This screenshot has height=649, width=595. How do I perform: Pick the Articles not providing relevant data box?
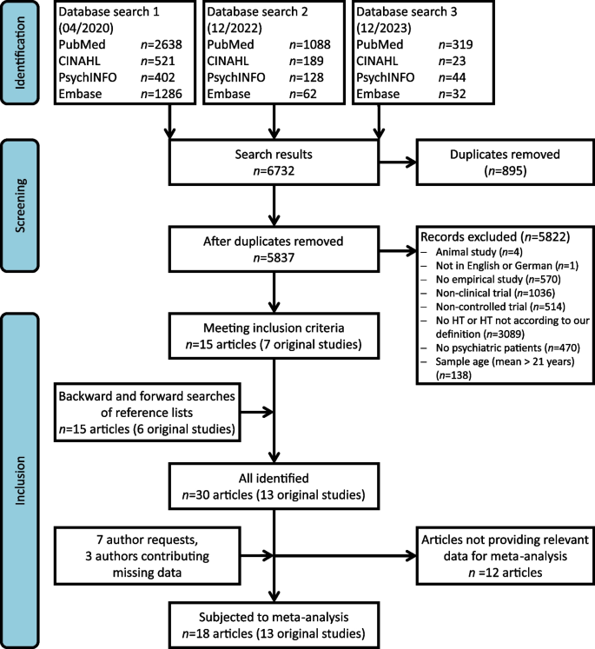(494, 541)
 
